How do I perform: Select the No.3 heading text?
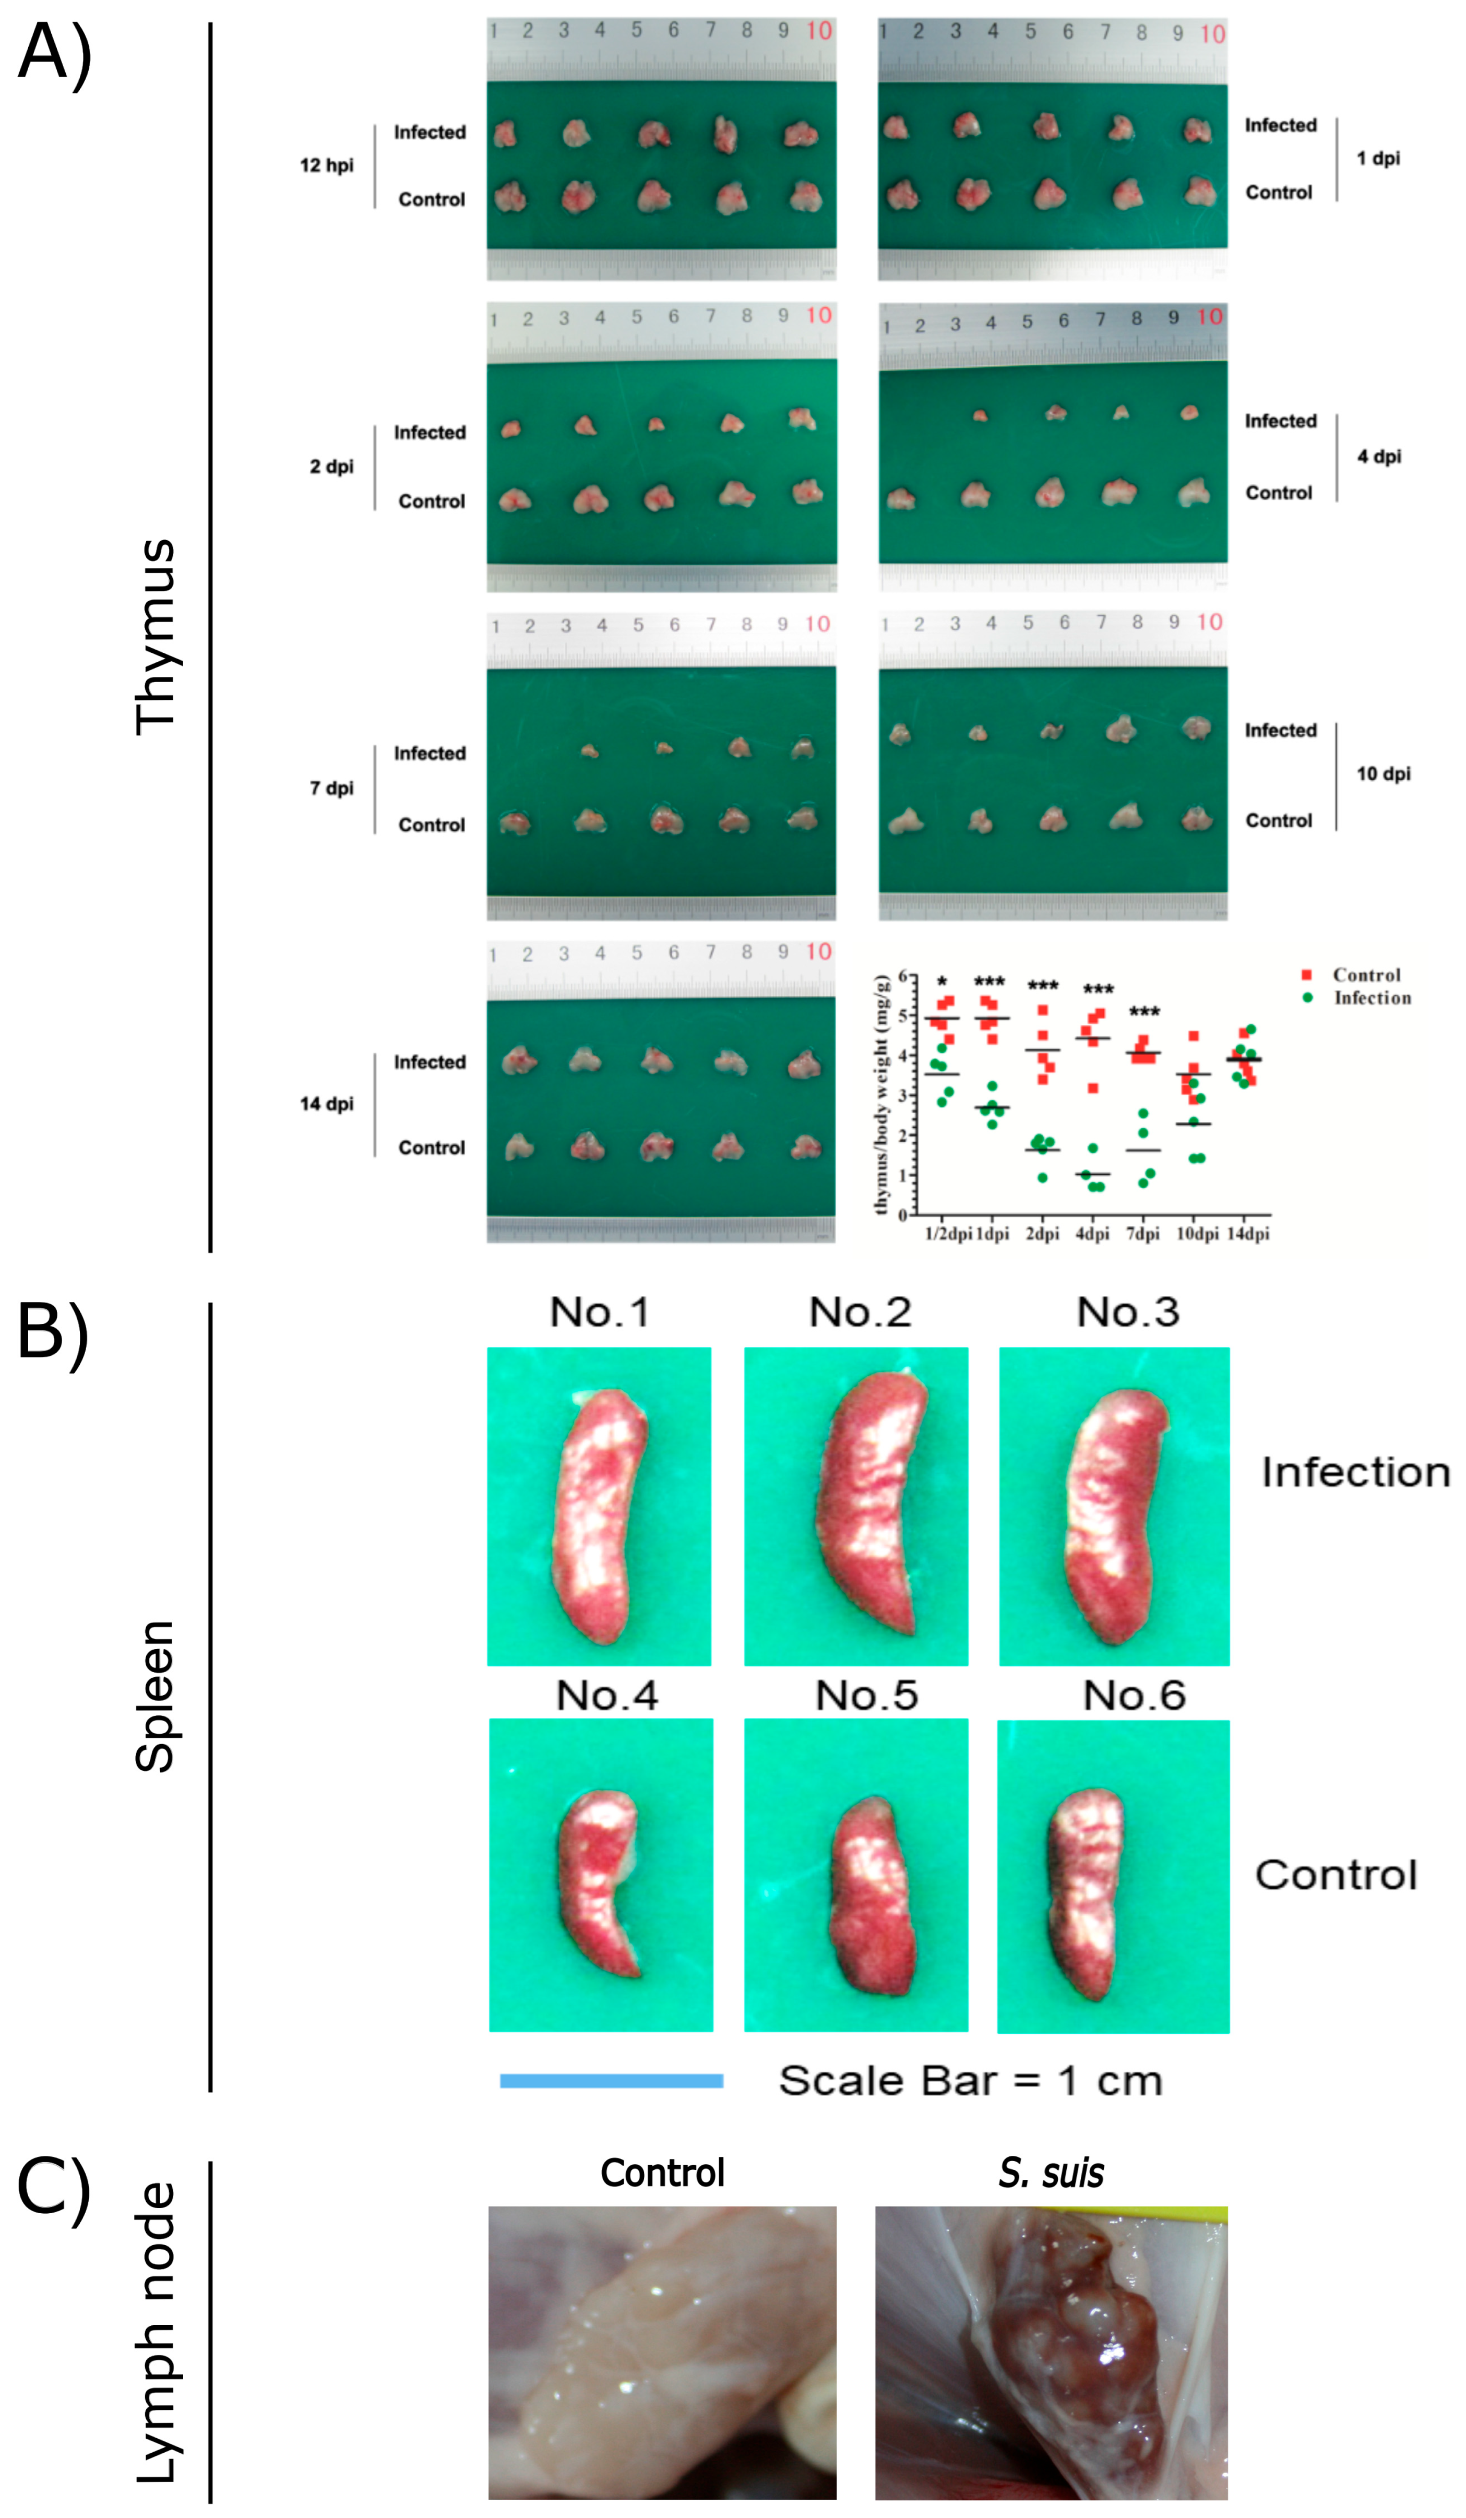tap(1127, 1312)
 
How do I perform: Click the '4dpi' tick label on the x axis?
tap(1092, 1234)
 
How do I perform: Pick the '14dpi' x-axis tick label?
tap(1248, 1234)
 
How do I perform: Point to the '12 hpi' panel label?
tap(327, 165)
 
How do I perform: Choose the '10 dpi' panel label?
tap(1383, 773)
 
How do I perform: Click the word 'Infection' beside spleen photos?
tap(1355, 1473)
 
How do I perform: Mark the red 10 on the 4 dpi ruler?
tap(1209, 317)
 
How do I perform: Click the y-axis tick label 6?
tap(902, 976)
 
